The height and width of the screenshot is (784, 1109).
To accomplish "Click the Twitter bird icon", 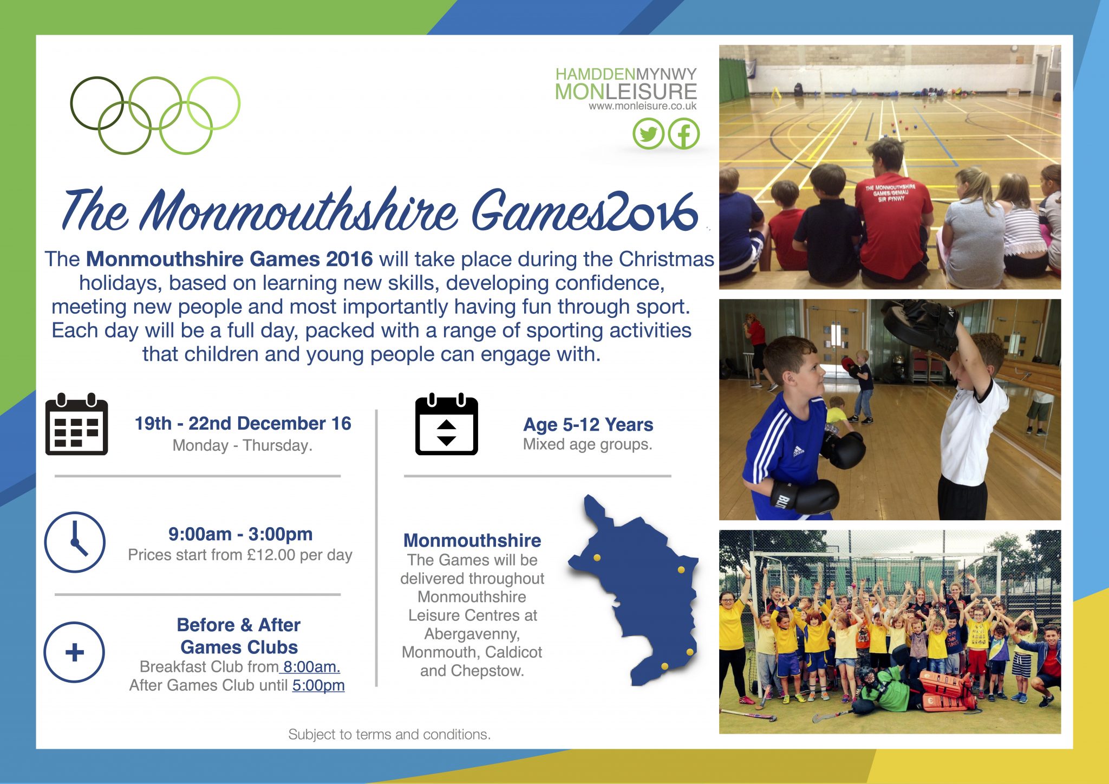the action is point(648,134).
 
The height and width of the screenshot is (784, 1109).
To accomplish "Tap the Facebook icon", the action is point(683,134).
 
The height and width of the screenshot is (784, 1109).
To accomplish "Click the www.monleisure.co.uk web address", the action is point(643,106).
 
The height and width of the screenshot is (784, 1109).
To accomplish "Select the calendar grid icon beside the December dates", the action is point(76,424).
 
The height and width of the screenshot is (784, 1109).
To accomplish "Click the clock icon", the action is point(75,542).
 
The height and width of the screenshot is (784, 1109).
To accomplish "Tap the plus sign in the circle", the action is point(74,652).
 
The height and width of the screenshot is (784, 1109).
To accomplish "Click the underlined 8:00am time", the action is point(310,666).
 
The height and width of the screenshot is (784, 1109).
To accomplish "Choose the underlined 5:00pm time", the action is point(318,685).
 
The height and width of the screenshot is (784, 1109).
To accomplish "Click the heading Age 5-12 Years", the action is point(588,424).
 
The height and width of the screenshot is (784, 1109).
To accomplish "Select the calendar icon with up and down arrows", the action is point(447,424).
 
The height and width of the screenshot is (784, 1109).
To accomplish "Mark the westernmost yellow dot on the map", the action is point(597,558).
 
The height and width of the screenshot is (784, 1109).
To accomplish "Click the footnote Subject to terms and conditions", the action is point(389,734).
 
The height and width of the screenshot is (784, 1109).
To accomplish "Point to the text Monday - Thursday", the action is point(243,445).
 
